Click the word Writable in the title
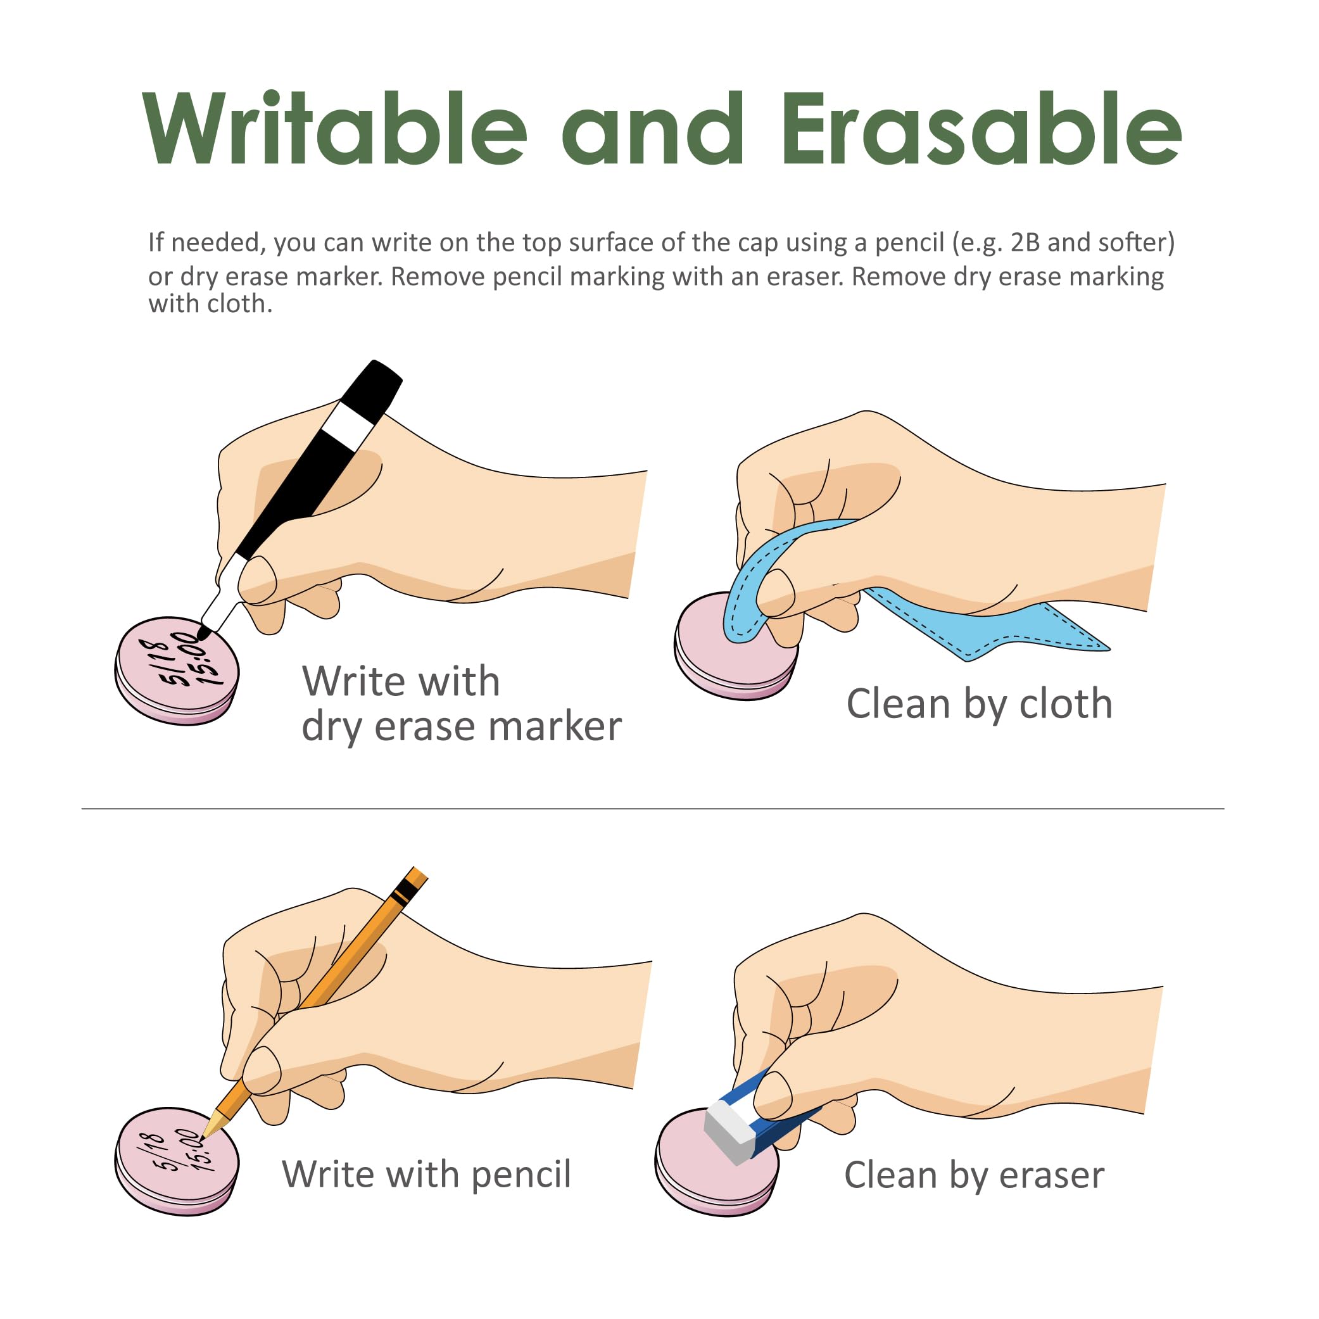[334, 129]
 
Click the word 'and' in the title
[653, 129]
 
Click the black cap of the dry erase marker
[370, 391]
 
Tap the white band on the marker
[348, 427]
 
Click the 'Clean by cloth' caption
[979, 705]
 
